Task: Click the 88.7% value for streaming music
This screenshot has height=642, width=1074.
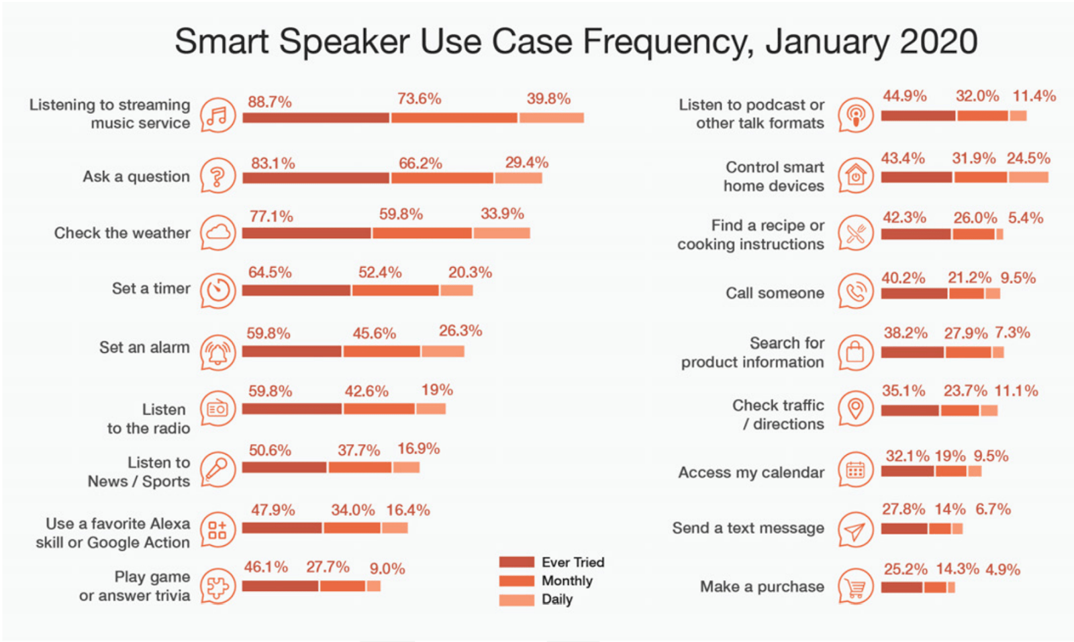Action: (270, 102)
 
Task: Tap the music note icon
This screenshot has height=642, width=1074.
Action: (217, 115)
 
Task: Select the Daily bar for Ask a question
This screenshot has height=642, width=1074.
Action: (518, 178)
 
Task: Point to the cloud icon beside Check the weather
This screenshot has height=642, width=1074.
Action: (217, 233)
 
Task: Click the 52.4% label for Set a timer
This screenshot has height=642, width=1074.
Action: (380, 272)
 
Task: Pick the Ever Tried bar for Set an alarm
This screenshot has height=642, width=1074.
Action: (291, 351)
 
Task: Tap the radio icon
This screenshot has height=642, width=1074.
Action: (217, 409)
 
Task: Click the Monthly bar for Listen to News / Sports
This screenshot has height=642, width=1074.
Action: (360, 467)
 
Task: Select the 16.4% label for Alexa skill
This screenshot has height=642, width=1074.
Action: (407, 510)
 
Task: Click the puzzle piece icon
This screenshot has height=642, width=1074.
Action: (217, 587)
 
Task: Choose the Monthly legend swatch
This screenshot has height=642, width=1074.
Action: (516, 581)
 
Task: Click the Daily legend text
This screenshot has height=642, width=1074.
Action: (557, 599)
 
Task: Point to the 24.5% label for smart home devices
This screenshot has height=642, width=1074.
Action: (1028, 158)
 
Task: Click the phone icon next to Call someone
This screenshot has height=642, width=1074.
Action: (855, 292)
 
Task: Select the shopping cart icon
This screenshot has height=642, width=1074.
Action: (855, 588)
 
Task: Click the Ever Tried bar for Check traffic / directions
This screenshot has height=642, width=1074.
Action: (910, 410)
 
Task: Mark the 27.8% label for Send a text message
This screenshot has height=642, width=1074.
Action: (904, 509)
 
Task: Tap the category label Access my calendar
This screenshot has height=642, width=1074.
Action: (751, 472)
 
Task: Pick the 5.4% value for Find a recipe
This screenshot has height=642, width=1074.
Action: (1026, 218)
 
